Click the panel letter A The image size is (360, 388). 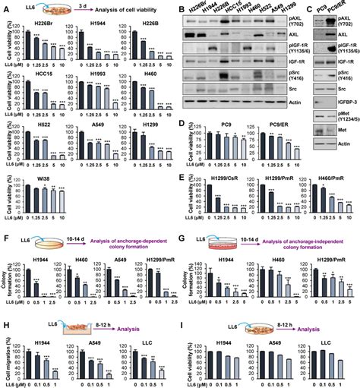point(5,5)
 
